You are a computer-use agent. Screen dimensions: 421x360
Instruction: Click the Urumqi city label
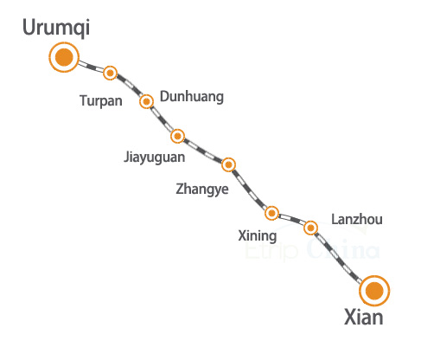pyautogui.click(x=56, y=28)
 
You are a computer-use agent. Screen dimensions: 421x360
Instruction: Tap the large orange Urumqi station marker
pyautogui.click(x=64, y=57)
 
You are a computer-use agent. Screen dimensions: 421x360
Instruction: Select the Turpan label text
pyautogui.click(x=101, y=101)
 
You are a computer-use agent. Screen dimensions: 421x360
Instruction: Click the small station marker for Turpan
pyautogui.click(x=110, y=73)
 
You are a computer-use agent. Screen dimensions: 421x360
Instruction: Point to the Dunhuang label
pyautogui.click(x=192, y=97)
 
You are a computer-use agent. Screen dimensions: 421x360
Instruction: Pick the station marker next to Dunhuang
pyautogui.click(x=146, y=101)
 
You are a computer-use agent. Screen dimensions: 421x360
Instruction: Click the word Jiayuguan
pyautogui.click(x=154, y=157)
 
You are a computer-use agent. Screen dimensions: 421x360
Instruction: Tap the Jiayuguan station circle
pyautogui.click(x=177, y=136)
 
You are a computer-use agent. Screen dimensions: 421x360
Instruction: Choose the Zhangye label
pyautogui.click(x=202, y=190)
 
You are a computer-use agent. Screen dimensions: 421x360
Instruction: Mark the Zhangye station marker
pyautogui.click(x=228, y=164)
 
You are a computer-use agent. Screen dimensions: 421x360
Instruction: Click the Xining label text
pyautogui.click(x=258, y=236)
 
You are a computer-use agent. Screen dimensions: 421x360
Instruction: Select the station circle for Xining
pyautogui.click(x=271, y=214)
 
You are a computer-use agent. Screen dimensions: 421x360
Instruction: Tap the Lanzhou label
pyautogui.click(x=357, y=219)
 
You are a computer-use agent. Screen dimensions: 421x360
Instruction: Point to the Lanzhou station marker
pyautogui.click(x=310, y=228)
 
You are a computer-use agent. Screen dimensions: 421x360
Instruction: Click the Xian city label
pyautogui.click(x=364, y=318)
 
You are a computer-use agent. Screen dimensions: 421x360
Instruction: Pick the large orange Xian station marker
pyautogui.click(x=374, y=291)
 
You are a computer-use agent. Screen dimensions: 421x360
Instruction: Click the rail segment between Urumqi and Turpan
pyautogui.click(x=91, y=67)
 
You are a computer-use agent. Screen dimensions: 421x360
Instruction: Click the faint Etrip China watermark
pyautogui.click(x=312, y=250)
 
